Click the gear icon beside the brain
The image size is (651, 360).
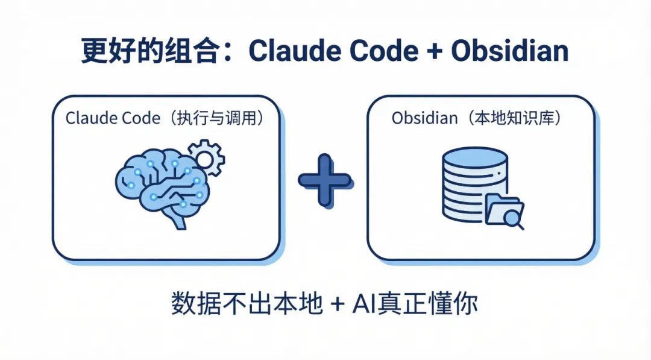206,157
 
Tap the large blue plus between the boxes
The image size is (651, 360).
324,180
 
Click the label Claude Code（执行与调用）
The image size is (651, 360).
165,118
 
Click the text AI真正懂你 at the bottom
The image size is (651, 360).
415,303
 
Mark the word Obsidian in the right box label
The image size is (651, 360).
424,118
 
